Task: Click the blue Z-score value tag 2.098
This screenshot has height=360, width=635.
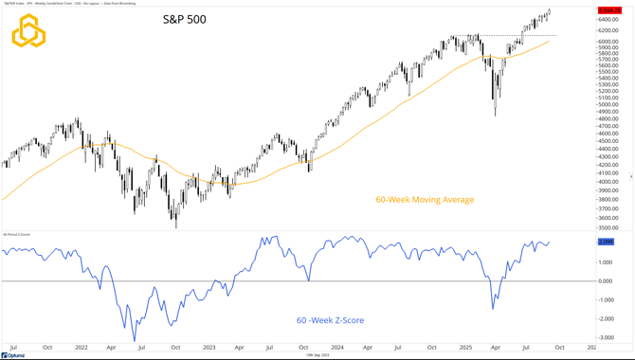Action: click(x=607, y=243)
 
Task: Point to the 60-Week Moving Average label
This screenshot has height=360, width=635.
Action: click(x=425, y=200)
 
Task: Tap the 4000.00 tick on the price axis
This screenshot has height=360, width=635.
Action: click(x=609, y=182)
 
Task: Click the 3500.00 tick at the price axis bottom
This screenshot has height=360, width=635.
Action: click(x=609, y=227)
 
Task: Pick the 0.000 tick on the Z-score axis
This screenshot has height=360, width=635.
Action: click(x=608, y=280)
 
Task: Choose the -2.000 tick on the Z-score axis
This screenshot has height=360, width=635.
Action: click(x=608, y=318)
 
